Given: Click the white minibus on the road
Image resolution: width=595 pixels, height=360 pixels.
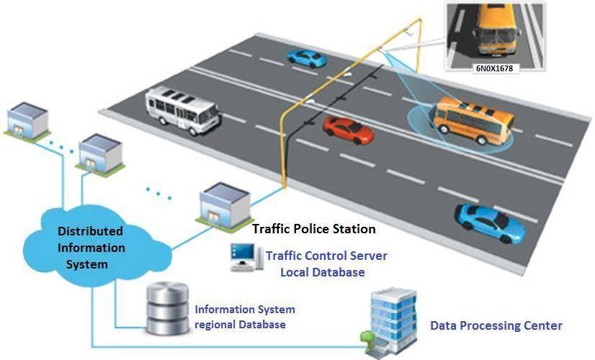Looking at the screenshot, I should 183,109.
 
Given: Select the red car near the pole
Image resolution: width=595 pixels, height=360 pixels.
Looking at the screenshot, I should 349,130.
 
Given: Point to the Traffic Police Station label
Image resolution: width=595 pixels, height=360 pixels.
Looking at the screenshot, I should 313,229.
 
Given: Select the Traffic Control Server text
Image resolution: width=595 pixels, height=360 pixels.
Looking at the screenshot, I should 326,256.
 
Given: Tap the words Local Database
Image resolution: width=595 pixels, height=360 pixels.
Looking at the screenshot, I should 322,272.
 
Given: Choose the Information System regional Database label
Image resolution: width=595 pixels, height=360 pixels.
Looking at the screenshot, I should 245,317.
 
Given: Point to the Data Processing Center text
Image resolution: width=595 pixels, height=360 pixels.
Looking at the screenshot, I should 496,325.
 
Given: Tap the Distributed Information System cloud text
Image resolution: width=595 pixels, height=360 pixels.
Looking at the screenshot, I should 90,248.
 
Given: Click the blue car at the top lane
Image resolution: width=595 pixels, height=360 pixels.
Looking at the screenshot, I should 305,57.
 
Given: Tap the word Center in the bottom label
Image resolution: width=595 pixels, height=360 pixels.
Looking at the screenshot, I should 542,325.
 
